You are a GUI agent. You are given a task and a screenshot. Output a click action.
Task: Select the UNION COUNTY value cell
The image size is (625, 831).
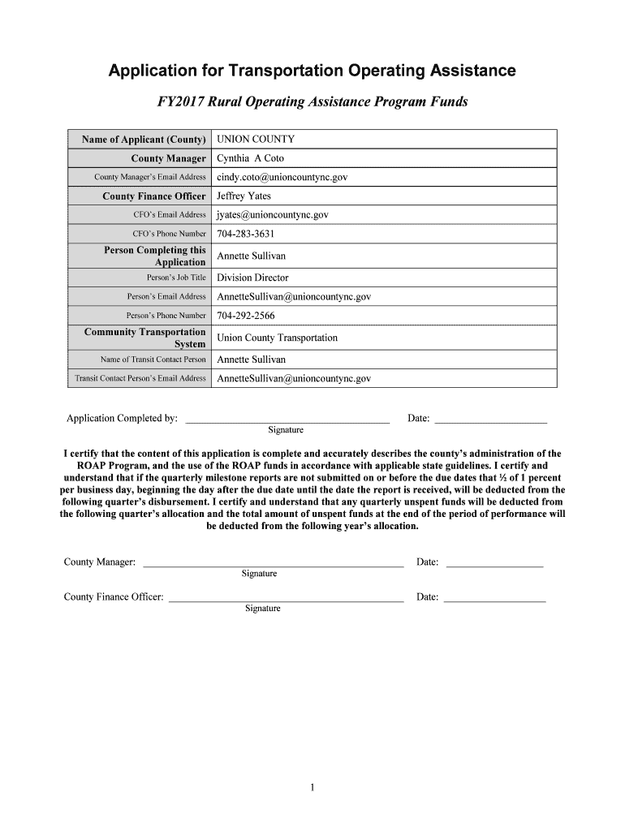[256, 140]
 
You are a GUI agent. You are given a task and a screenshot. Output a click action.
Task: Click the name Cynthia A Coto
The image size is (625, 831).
[250, 158]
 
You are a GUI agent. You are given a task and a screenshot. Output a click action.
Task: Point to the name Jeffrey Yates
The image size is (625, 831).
[244, 196]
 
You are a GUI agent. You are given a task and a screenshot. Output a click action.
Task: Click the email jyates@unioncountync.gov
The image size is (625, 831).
[272, 215]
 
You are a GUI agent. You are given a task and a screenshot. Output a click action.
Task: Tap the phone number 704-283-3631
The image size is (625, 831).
[245, 235]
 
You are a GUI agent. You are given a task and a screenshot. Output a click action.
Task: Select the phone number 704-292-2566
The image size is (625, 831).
[245, 316]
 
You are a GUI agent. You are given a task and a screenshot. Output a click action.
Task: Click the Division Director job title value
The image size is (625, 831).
[252, 278]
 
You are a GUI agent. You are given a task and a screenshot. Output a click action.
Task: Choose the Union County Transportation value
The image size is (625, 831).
[277, 338]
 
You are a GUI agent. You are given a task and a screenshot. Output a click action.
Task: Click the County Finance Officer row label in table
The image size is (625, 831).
[153, 196]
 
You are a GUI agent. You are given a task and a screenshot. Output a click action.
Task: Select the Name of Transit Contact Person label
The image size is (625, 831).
[153, 360]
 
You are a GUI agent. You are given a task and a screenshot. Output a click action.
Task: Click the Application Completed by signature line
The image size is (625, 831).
[287, 420]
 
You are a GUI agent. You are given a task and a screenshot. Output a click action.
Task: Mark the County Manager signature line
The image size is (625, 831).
[273, 564]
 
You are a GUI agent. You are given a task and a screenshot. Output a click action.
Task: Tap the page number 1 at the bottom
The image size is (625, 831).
[312, 786]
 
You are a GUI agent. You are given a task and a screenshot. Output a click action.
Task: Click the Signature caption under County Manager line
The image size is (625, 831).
[259, 574]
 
